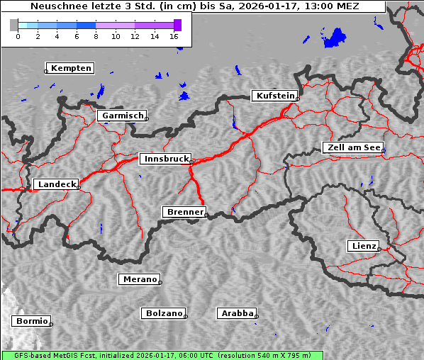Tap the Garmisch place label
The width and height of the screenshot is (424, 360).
[x=123, y=116]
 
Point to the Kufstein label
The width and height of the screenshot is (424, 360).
[x=274, y=96]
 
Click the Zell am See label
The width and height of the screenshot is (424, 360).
[x=354, y=147]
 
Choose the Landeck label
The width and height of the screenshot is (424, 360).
[x=56, y=184]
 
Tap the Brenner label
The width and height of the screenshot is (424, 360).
[x=185, y=212]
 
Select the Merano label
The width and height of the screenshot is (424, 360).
[x=140, y=279]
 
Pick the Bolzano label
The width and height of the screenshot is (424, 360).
[x=164, y=313]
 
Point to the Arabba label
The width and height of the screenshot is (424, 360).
[x=237, y=313]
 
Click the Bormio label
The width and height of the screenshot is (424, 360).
[x=32, y=321]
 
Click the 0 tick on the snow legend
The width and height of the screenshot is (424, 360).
[x=18, y=36]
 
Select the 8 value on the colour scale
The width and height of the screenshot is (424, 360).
[x=96, y=36]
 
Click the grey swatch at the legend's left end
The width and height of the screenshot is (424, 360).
[x=13, y=25]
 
